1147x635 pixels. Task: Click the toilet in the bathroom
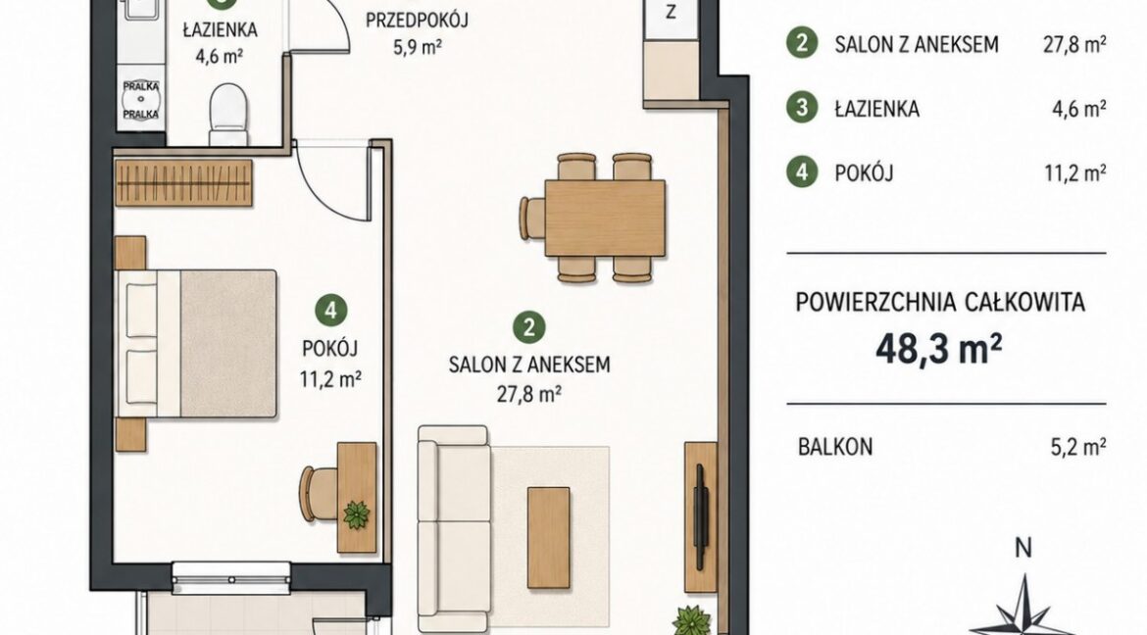coord(228,114)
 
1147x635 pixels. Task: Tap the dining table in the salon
coord(605,218)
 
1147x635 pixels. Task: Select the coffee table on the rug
coord(549,538)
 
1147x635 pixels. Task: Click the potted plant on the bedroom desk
coord(356,514)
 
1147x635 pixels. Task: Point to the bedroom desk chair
coord(317,494)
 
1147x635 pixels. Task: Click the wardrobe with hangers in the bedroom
coord(183,183)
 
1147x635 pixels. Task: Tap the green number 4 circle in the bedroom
coord(331,311)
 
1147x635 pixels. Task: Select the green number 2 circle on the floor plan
coord(528,327)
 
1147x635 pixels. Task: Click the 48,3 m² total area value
coord(939,350)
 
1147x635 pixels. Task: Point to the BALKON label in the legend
coord(835,446)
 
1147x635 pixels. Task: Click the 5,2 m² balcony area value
coord(1078,446)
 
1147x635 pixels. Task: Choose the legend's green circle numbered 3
coord(802,108)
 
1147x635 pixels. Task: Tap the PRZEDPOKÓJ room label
coord(417,20)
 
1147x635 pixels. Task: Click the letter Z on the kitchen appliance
coord(670,13)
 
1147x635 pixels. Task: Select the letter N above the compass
coord(1024,547)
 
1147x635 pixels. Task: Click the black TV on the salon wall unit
coord(701,517)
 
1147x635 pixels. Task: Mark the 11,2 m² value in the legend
coord(1075,172)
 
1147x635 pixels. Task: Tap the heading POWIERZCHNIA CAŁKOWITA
coord(940,302)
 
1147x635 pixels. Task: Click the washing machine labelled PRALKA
coord(141,100)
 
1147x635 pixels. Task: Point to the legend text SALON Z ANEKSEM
coord(917,45)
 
